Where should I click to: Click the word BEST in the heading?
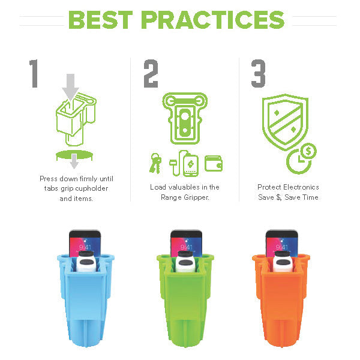click(101, 20)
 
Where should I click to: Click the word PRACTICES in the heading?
click(213, 20)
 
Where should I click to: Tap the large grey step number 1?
click(34, 73)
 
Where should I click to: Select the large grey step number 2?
click(151, 73)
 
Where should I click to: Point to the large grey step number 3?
click(258, 73)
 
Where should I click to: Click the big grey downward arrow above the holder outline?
click(70, 86)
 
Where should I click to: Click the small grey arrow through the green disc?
click(74, 161)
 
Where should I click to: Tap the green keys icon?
click(155, 163)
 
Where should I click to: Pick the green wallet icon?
click(214, 163)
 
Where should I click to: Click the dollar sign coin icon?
click(308, 151)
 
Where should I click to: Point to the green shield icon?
click(285, 122)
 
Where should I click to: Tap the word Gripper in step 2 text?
click(197, 197)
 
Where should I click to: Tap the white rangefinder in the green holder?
click(185, 262)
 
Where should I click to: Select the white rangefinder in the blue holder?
click(85, 261)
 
